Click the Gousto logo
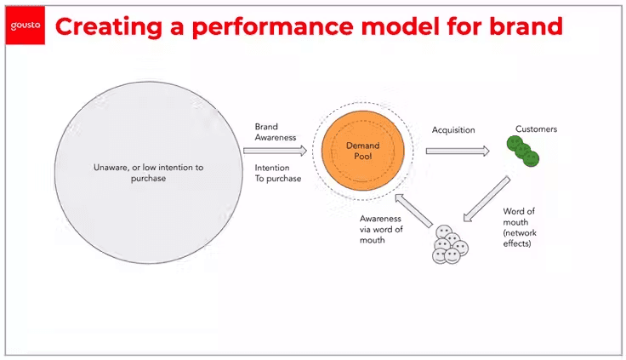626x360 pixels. coord(25,26)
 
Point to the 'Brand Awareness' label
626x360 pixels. coord(276,133)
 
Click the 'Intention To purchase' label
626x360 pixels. coord(278,173)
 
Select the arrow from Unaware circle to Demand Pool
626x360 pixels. coord(274,151)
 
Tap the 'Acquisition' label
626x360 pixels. coord(453,130)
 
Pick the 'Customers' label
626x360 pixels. coord(536,129)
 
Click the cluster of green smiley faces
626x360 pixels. coord(523,151)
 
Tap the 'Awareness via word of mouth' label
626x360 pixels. coord(381,229)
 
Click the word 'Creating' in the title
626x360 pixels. coord(104,26)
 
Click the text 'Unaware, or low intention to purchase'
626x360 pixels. coord(148,173)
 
